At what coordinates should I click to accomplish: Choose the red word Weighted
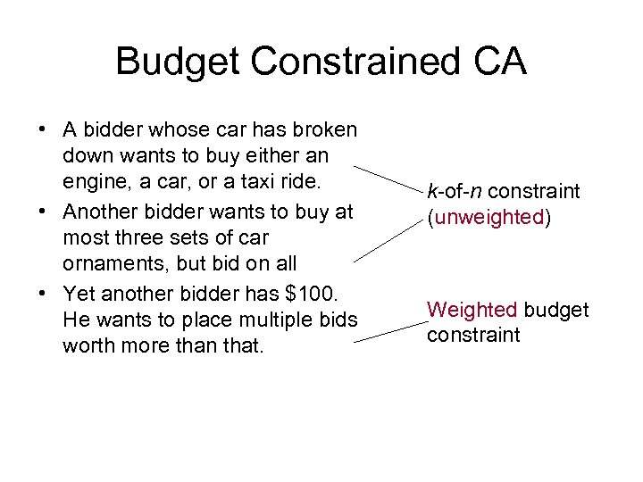pyautogui.click(x=472, y=310)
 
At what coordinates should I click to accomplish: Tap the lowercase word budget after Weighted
pyautogui.click(x=555, y=310)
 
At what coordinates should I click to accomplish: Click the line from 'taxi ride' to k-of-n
pyautogui.click(x=388, y=179)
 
